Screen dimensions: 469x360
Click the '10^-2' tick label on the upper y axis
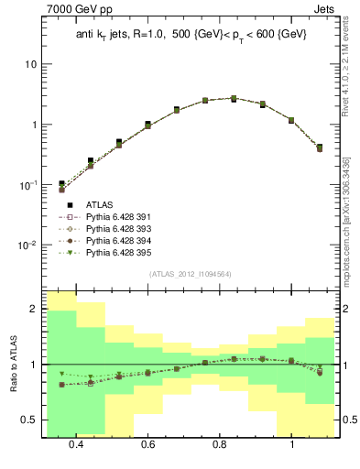(27, 245)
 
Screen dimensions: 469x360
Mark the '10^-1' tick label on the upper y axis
(27, 184)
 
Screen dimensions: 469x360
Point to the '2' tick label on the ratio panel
(34, 310)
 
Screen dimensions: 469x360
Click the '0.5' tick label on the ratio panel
(30, 420)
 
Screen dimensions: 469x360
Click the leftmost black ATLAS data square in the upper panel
(61, 184)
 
